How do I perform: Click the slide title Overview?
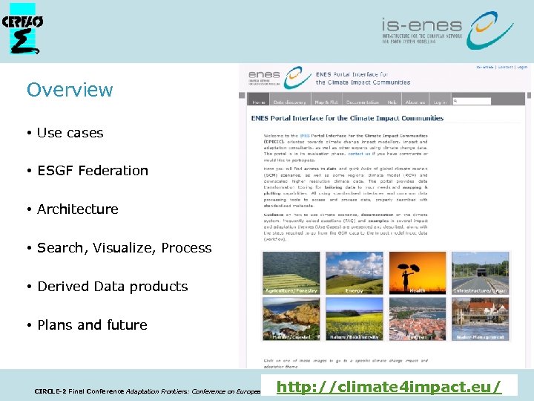[x=70, y=90]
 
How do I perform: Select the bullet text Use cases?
[x=70, y=133]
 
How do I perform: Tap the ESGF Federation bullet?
[x=92, y=171]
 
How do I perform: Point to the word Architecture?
[x=78, y=209]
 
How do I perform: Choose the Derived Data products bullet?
[x=112, y=287]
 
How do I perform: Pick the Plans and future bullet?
[x=92, y=325]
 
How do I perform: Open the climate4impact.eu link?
[x=388, y=386]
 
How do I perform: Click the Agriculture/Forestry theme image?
[x=291, y=273]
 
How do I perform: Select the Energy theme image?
[x=354, y=273]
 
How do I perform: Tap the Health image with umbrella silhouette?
[x=417, y=273]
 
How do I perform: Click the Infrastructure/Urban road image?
[x=480, y=273]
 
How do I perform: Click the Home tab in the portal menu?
[x=259, y=102]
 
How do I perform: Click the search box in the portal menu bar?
[x=471, y=102]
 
